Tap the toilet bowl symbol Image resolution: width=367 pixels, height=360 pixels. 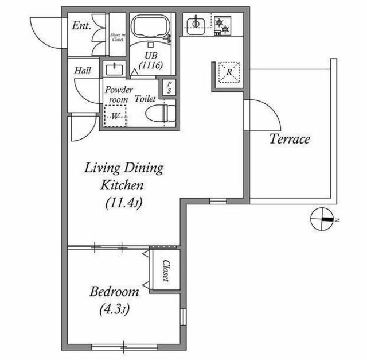pos(161,114)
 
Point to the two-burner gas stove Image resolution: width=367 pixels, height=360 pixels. pos(222,26)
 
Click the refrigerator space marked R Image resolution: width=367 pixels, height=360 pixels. pos(229,72)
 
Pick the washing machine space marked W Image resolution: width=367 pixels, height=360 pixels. pos(115,116)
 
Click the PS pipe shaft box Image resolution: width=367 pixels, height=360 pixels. pos(169,87)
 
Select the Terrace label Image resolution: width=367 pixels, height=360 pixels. pos(290,139)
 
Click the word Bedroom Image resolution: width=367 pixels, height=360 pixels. pos(115,292)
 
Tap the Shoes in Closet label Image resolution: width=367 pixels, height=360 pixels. pos(118,37)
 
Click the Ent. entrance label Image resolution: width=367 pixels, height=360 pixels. pos(81,25)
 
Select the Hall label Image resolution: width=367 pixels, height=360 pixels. pos(83,71)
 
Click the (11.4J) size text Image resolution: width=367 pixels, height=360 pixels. pos(124,203)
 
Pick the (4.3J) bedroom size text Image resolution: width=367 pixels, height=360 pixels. pos(115,309)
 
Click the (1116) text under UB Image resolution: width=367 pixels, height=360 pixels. pos(151,65)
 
